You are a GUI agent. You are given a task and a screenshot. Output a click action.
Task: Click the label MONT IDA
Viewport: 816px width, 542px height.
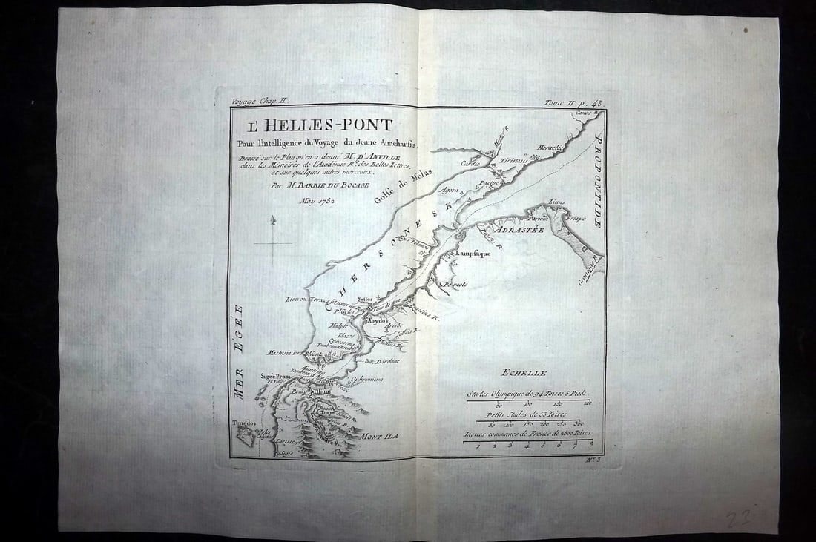point(379,437)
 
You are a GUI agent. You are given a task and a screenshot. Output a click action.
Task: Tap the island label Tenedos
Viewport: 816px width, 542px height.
point(243,423)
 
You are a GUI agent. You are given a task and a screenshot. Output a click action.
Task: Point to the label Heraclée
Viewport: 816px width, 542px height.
point(550,148)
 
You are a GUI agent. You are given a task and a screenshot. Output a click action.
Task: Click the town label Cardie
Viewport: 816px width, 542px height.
point(470,162)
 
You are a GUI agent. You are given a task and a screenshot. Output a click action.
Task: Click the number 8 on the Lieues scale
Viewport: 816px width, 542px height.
point(590,445)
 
